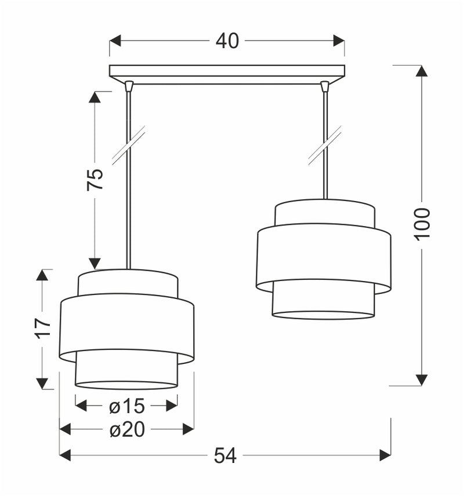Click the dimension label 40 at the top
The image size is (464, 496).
(227, 41)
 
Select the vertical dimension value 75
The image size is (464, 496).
(95, 180)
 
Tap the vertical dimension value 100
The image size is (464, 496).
(422, 223)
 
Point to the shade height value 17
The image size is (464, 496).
(43, 328)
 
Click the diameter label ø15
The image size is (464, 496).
(126, 406)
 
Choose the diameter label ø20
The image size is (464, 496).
(126, 429)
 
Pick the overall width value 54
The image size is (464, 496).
(225, 455)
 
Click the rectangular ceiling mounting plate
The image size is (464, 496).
(227, 71)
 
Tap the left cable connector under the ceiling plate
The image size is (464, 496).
(129, 86)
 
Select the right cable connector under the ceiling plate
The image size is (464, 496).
(325, 86)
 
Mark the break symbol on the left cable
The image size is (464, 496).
(128, 145)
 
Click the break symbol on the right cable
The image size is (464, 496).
(325, 145)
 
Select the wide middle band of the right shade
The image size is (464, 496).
(323, 257)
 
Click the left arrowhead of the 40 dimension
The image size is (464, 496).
(115, 41)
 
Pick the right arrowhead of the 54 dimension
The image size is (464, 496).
(385, 455)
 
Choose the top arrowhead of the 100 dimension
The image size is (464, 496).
(422, 71)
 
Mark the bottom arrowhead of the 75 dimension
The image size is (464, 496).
(95, 264)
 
